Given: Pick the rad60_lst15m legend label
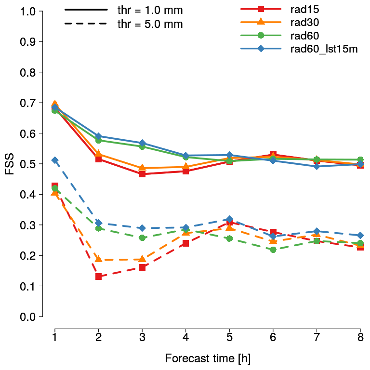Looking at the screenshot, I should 324,49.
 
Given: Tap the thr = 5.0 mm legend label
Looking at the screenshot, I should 150,24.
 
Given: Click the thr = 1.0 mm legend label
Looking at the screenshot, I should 150,11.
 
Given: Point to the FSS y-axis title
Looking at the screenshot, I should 10,164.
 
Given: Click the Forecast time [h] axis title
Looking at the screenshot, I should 208,358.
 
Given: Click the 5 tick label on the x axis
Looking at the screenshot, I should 229,336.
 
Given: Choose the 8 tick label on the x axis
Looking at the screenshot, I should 360,336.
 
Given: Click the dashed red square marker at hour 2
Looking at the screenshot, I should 99,277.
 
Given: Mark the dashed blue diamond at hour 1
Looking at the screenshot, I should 55,160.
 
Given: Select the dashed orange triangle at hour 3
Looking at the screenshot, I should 142,259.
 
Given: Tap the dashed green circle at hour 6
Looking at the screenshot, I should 273,250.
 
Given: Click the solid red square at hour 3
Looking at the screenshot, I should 142,174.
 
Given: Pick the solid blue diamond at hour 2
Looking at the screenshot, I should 99,136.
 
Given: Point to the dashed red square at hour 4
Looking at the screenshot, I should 185,243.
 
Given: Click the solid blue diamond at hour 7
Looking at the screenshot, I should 317,166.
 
